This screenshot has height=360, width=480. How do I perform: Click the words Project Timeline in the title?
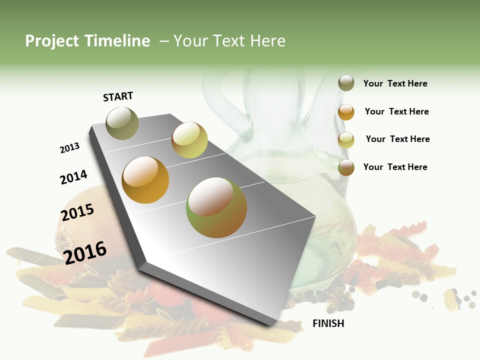[x=87, y=41]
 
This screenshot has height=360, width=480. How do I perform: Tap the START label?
[x=118, y=96]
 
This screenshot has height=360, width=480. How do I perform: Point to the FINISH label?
[x=328, y=323]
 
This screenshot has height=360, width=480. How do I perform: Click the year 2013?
[x=70, y=148]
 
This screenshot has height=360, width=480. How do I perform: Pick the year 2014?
[x=73, y=177]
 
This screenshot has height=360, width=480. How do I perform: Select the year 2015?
[x=77, y=212]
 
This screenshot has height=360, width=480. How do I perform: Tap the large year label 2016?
[x=85, y=252]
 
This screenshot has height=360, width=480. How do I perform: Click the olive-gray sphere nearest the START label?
[x=122, y=123]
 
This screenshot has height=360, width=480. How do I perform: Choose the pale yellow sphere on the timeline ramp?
[x=189, y=140]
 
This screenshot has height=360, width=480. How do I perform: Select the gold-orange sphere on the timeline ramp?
[x=145, y=180]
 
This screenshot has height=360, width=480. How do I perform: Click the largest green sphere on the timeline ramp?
[x=216, y=207]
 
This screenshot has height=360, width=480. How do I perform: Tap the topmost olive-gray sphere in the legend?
[x=346, y=83]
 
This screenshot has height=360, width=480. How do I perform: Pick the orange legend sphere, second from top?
[x=346, y=112]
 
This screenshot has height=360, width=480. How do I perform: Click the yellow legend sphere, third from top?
[x=346, y=140]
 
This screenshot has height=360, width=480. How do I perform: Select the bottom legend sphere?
[x=346, y=167]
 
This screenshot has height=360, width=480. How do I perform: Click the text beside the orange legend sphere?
[x=396, y=111]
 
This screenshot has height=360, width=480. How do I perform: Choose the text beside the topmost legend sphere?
[x=395, y=83]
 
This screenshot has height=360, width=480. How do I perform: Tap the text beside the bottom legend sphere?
[x=395, y=167]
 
